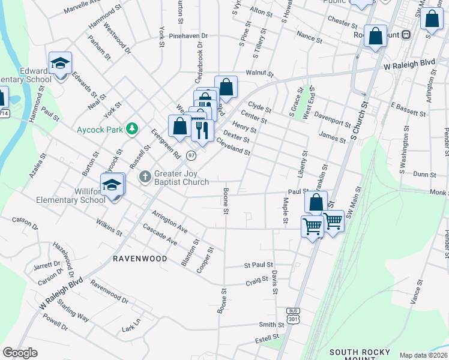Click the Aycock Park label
point(99,129)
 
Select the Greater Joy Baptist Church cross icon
point(145,177)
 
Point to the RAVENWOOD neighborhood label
point(140,259)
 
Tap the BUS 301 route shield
point(293,316)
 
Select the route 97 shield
point(191,155)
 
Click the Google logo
point(20,353)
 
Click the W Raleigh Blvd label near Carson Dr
point(62,295)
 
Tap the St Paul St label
point(258,265)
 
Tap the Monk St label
point(439,192)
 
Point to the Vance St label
point(417,295)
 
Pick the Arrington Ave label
point(170,222)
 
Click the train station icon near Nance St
point(406,35)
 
